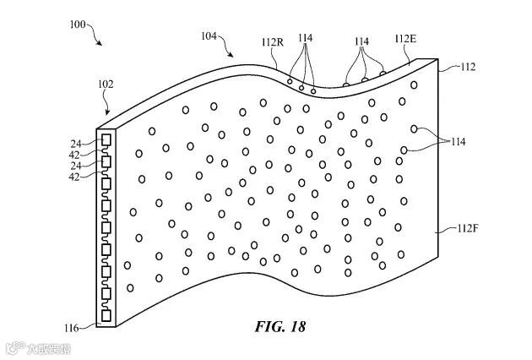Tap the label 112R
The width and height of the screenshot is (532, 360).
(x=273, y=41)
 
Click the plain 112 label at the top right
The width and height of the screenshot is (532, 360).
(x=468, y=65)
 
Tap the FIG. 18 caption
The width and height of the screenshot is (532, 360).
(x=280, y=325)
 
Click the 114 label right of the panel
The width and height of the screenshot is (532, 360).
(x=459, y=141)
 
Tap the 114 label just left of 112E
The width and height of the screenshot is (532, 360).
(x=361, y=41)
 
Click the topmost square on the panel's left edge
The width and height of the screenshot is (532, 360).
(x=106, y=138)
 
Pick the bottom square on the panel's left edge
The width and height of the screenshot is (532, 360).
(x=106, y=316)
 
